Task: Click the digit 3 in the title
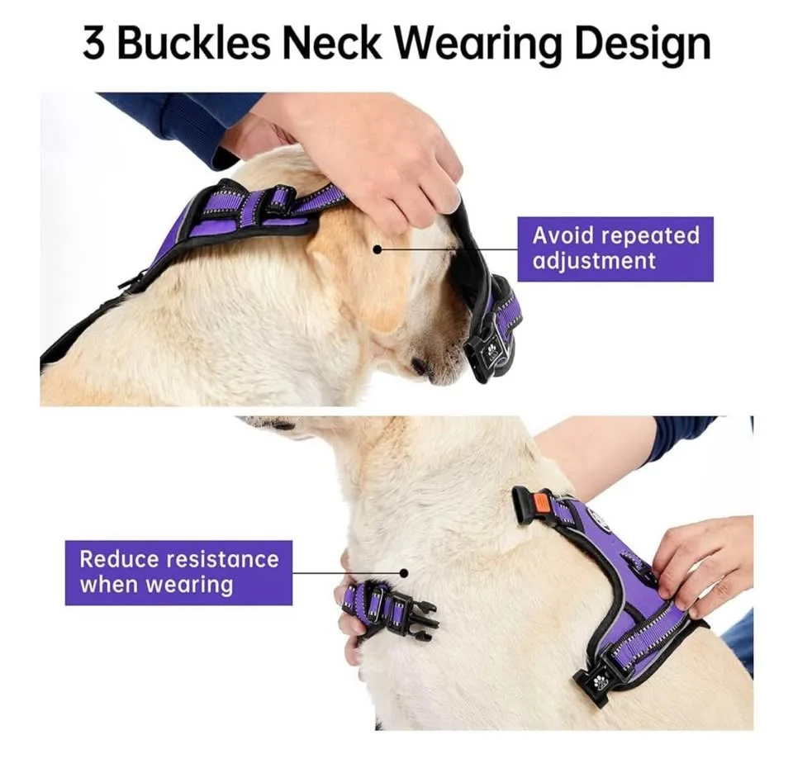93,44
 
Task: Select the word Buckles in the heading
192,44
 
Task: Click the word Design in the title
643,45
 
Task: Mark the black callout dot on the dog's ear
377,248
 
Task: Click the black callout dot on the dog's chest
404,571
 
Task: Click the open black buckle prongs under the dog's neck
420,620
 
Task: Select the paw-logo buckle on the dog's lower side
596,681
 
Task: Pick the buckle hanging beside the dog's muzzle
487,347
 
